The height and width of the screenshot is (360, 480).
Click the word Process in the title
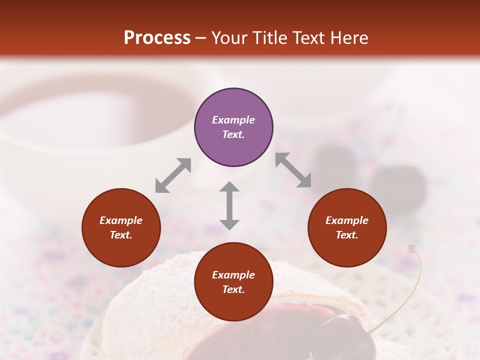coord(157,38)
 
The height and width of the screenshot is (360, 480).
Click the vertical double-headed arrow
coord(229,205)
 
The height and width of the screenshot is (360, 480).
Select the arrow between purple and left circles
coord(173,175)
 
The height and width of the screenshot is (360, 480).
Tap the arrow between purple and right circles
coord(293,170)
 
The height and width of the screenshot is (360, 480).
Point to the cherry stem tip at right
coord(412,247)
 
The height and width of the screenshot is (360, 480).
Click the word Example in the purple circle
coord(233,120)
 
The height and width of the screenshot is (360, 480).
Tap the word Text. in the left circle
coord(121,235)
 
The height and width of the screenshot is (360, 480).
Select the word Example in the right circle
coord(347,220)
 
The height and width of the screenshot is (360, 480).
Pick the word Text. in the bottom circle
coord(233,289)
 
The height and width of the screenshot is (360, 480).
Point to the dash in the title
coord(201,38)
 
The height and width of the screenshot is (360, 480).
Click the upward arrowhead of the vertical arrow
coord(229,186)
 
